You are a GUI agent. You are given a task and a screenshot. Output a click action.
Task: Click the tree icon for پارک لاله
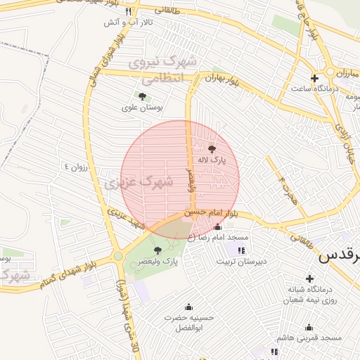coord(212,148)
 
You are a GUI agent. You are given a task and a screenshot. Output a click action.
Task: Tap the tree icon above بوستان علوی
coord(143,96)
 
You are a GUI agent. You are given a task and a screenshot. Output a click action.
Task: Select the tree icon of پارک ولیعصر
coord(157,250)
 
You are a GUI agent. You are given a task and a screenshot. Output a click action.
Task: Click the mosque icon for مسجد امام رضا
coord(217,226)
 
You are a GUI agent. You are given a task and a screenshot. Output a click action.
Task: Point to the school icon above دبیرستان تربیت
coord(241,250)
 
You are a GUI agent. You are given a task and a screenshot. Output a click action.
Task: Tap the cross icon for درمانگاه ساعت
coord(314,78)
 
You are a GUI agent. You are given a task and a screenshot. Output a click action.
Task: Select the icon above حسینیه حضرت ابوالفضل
coord(188,307)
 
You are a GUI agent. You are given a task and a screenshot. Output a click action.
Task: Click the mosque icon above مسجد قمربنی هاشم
coord(309,327)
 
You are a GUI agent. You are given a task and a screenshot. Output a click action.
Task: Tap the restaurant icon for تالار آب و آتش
coord(127,12)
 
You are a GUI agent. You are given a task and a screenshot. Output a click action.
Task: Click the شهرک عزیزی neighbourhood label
coord(139,184)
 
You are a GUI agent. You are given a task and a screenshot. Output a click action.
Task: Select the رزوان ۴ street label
coord(76,167)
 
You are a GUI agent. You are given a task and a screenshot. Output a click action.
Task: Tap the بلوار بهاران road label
coord(223,79)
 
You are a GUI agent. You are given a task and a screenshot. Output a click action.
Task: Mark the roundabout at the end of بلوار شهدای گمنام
coord(118,257)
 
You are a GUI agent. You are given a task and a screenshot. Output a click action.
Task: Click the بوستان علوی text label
coord(143,108)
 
